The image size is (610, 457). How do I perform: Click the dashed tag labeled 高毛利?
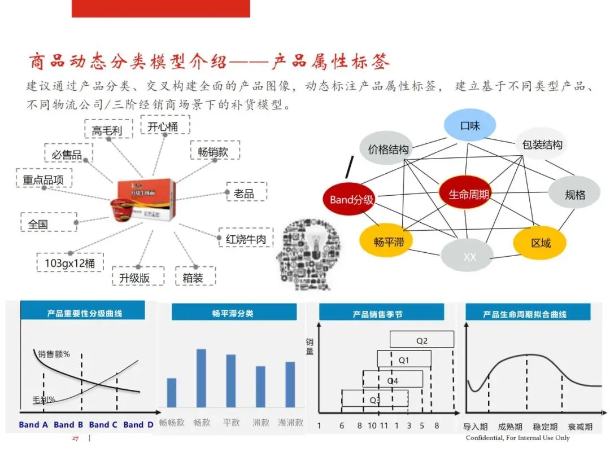coord(107,130)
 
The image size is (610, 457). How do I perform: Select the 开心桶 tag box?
coord(163,126)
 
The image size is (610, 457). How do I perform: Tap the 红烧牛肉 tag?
coord(246,239)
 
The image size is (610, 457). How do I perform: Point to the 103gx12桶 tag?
coord(70,263)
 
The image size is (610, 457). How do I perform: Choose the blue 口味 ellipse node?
coord(469,125)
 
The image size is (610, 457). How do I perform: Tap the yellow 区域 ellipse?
coord(540,243)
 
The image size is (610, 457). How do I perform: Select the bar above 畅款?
coord(201,377)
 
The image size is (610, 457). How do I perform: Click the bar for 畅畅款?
coord(172,392)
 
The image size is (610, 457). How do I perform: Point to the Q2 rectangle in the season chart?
coord(421,340)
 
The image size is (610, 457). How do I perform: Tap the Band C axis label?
coord(103,424)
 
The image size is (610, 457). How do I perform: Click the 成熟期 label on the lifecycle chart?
coord(509,427)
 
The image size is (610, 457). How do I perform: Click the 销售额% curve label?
coord(54,354)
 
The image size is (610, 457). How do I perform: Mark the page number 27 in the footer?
coord(74,438)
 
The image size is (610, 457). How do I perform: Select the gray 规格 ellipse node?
coord(574,195)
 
